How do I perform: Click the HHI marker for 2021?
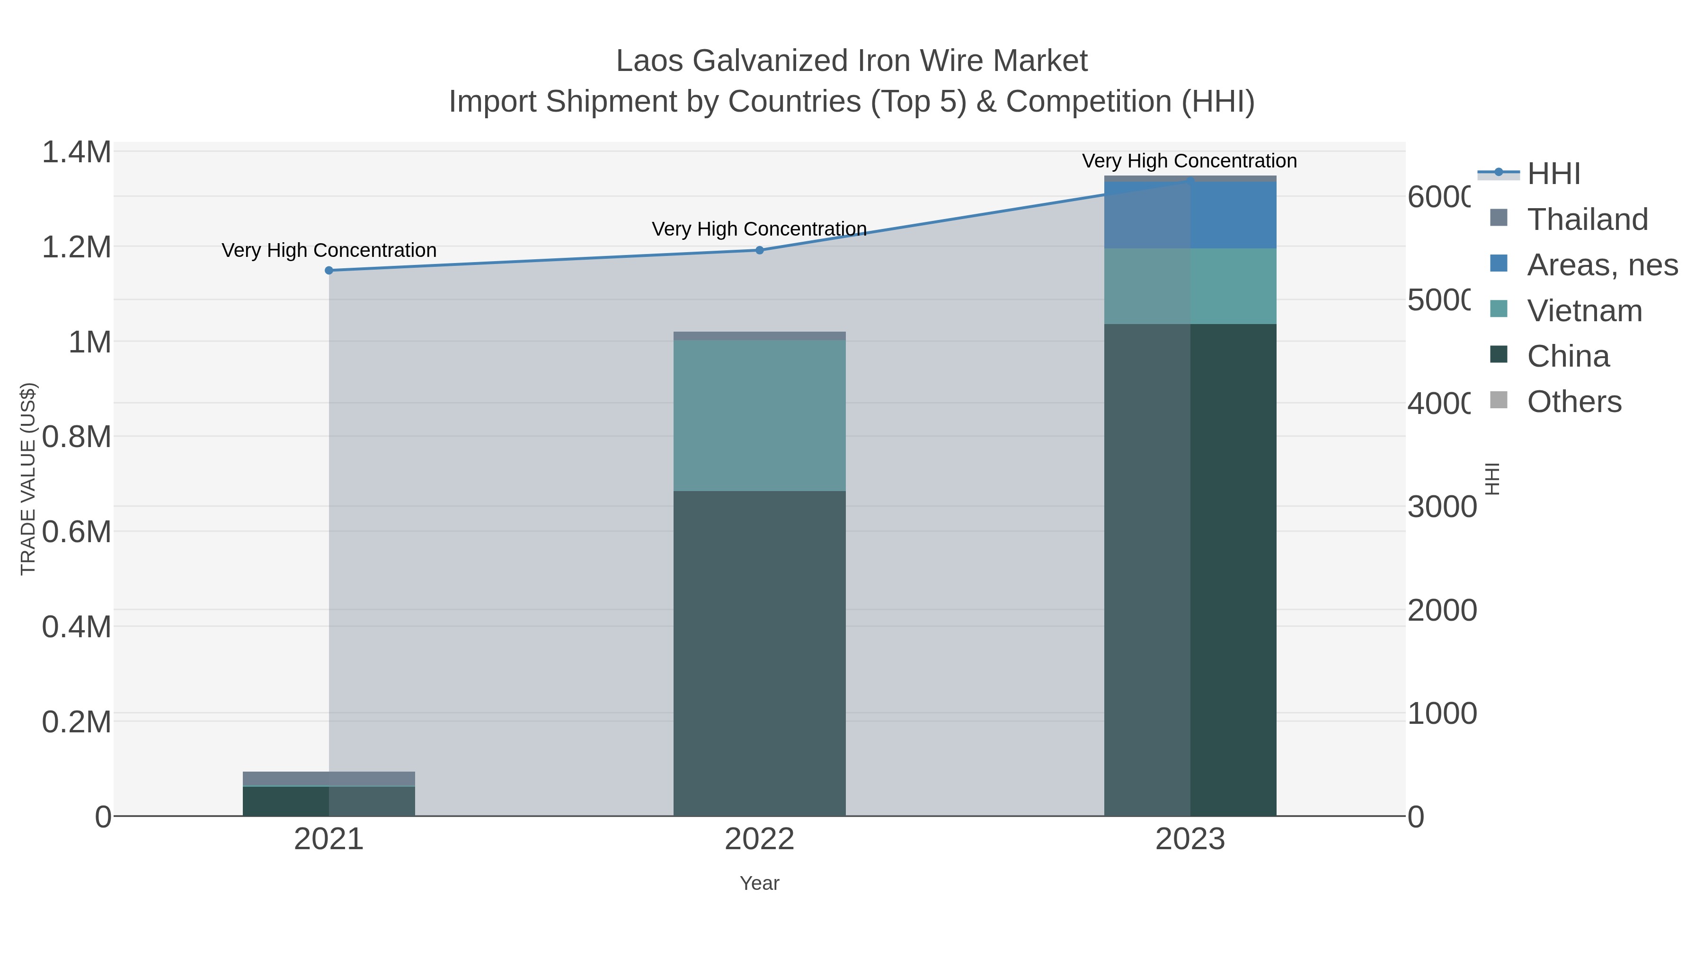(x=329, y=271)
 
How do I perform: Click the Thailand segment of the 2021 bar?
(x=329, y=779)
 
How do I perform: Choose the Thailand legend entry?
(x=1587, y=220)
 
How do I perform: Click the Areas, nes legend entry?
(x=1601, y=265)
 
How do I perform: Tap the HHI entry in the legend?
(x=1553, y=174)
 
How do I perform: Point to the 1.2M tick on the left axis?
(x=76, y=247)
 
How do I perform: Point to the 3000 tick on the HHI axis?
(x=1441, y=507)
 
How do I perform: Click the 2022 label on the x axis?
(x=759, y=840)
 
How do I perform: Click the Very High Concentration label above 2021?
(x=329, y=251)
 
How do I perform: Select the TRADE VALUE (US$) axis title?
(x=28, y=479)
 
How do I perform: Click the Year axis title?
(x=759, y=883)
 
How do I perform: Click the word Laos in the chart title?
(x=649, y=62)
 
